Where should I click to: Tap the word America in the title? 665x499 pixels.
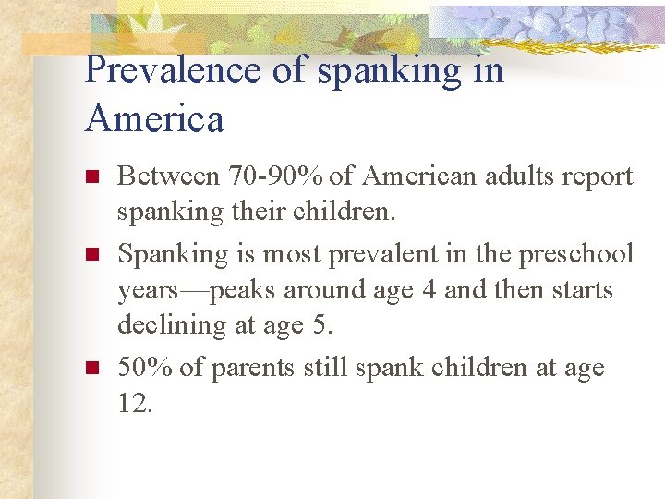click(154, 119)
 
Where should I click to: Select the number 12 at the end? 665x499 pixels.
click(134, 404)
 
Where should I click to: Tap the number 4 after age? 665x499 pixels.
click(429, 290)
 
